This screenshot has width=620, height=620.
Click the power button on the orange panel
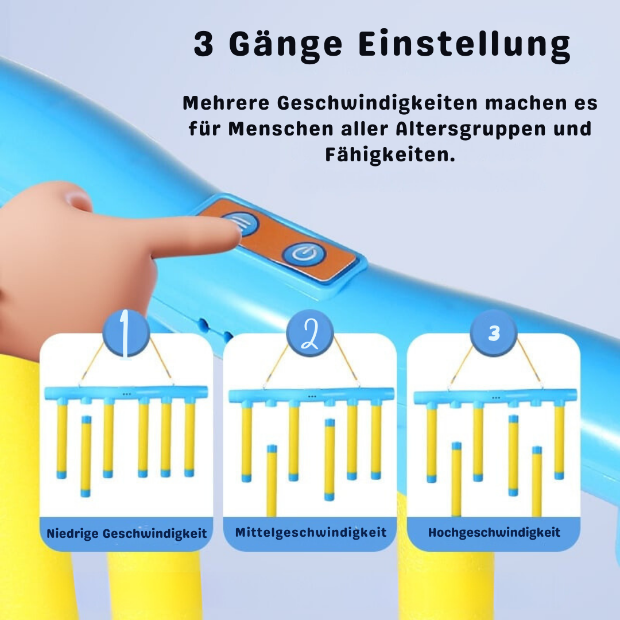point(304,253)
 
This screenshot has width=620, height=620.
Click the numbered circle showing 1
point(126,333)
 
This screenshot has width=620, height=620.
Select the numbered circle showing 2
point(309,333)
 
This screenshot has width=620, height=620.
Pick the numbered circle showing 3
point(493,333)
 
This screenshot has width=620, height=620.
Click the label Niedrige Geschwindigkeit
point(126,533)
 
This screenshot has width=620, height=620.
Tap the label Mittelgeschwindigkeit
point(311,532)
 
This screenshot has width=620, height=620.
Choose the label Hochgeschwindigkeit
point(494,532)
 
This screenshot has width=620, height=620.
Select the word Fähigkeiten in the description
point(390,154)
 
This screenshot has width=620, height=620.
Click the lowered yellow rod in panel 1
point(86,456)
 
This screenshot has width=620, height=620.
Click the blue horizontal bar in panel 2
point(311,396)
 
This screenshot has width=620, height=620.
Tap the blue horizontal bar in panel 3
point(494,397)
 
